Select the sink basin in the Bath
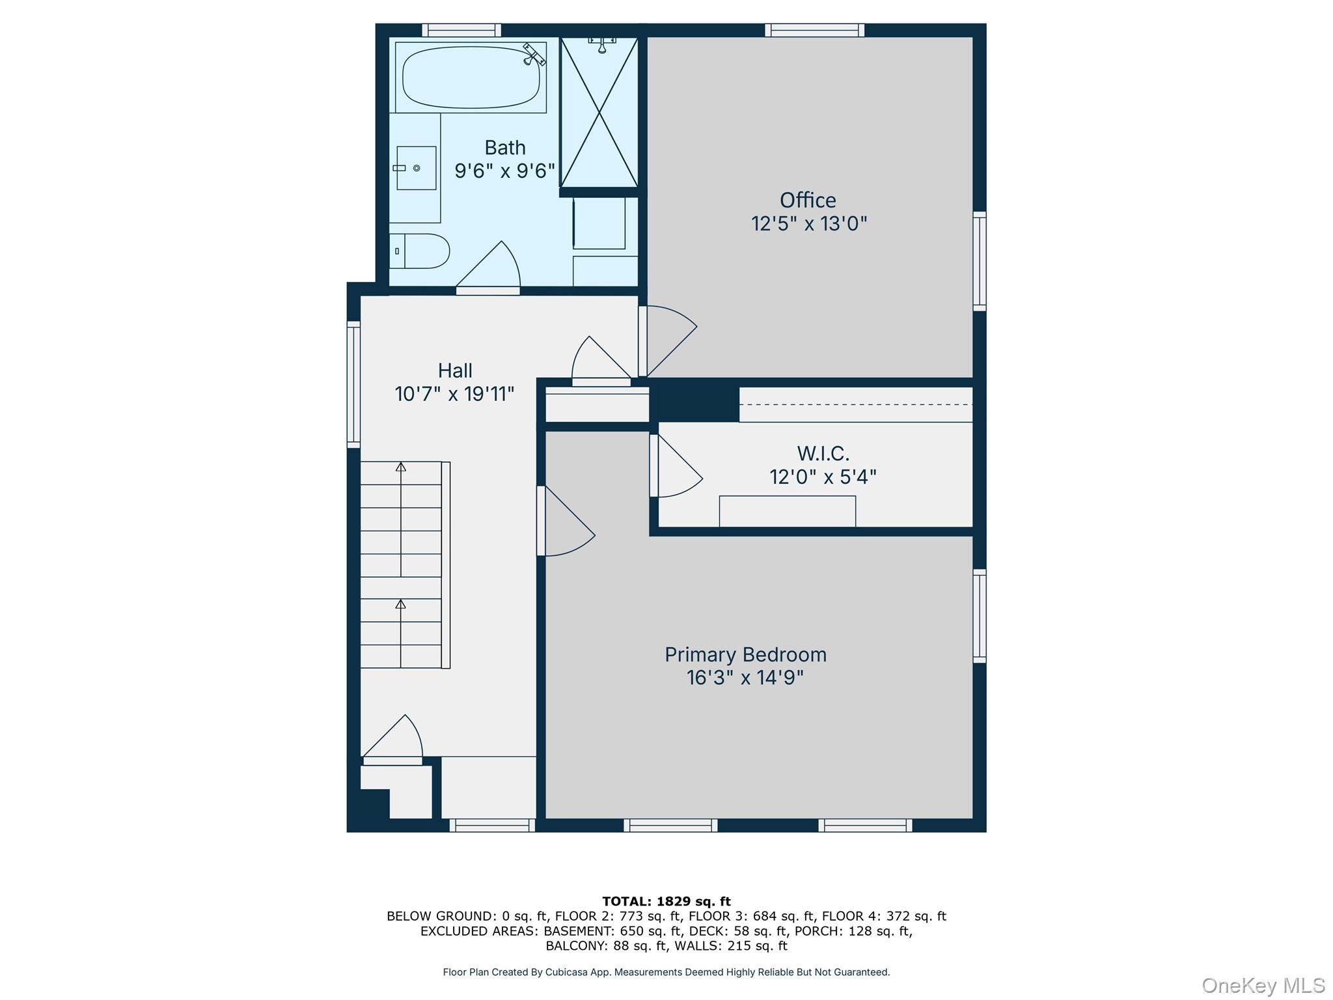[417, 168]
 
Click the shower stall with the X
[599, 112]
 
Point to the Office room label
[808, 200]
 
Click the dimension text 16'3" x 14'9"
[745, 678]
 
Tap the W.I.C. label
[823, 453]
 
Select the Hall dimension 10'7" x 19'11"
[454, 394]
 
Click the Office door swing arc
[670, 339]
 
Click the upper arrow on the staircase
[401, 467]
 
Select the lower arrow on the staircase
[401, 604]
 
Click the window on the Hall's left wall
[353, 385]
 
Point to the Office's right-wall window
[980, 260]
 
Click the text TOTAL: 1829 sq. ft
[666, 901]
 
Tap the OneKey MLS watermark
[1263, 986]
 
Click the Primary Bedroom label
[745, 654]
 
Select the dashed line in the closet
[855, 404]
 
